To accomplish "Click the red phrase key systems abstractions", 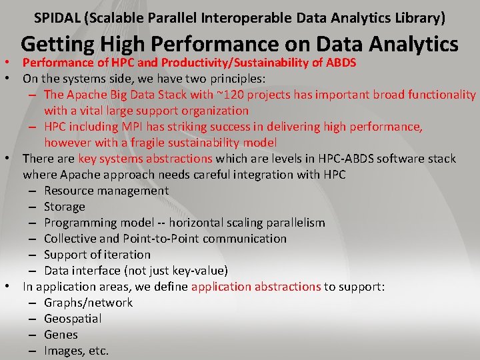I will [x=145, y=159].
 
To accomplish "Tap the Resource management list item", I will [x=106, y=191].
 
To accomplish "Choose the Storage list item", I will [x=65, y=207].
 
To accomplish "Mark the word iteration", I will [x=128, y=255].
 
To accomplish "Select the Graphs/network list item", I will [x=88, y=303].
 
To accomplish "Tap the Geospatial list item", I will [x=73, y=319].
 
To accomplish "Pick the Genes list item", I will [x=61, y=335].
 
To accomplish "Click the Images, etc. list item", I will [x=76, y=351].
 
